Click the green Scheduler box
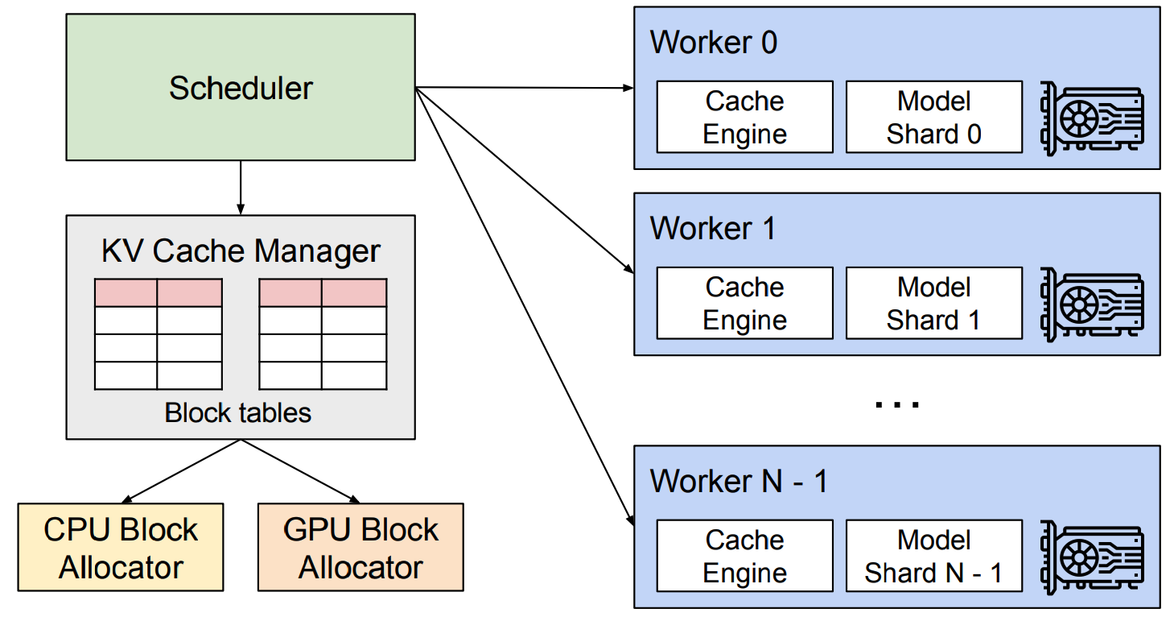tap(241, 87)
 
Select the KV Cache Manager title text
tap(241, 251)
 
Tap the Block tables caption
tap(237, 412)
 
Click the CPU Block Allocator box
tap(121, 548)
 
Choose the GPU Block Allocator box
tap(360, 548)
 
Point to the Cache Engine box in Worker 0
tap(744, 117)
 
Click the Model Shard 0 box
tap(933, 117)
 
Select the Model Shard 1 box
tap(933, 303)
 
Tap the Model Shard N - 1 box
tap(933, 556)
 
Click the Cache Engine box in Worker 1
tap(744, 303)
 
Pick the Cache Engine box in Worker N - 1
tap(744, 556)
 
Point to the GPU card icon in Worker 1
tap(1091, 304)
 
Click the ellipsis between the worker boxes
tap(896, 404)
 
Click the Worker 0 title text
tap(714, 42)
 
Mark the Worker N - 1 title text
tap(738, 481)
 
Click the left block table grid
tap(158, 334)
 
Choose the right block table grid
tap(323, 334)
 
